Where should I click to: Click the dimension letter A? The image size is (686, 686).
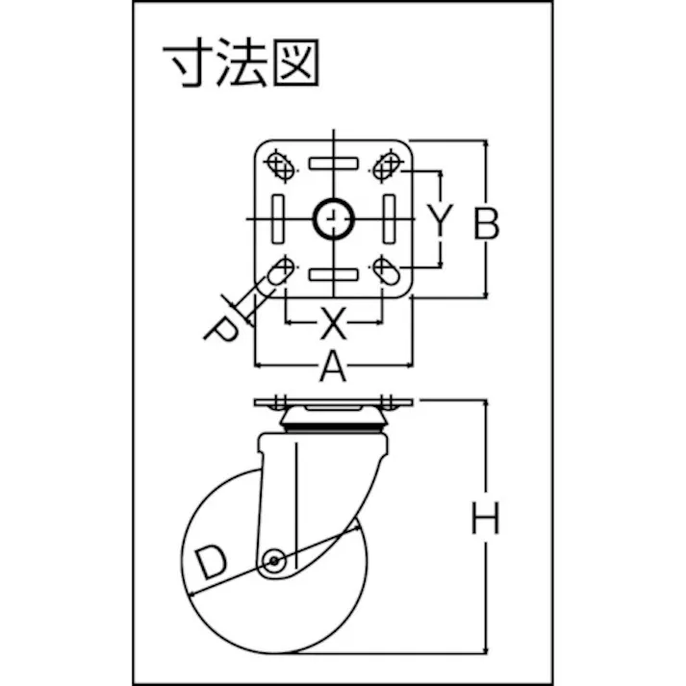coord(333,366)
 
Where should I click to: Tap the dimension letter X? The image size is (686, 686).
coord(333,323)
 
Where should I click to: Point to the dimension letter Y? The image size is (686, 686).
coord(440,220)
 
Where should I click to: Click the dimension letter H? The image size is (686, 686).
coord(485,519)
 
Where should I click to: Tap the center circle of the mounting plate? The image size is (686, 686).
coord(333,218)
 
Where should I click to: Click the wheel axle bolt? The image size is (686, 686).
coord(274,560)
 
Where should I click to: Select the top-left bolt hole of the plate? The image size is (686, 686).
coord(280,165)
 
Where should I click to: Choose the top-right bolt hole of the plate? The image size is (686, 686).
coord(388,165)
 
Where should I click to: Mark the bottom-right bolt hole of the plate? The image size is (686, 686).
coord(387,270)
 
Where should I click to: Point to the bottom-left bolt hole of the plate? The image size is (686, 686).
coord(280,271)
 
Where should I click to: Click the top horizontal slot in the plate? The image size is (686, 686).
coord(333,164)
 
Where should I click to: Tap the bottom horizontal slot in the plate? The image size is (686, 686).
coord(333,275)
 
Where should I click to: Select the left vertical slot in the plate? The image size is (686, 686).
coord(278,219)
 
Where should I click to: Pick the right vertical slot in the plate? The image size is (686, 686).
coord(389,219)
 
